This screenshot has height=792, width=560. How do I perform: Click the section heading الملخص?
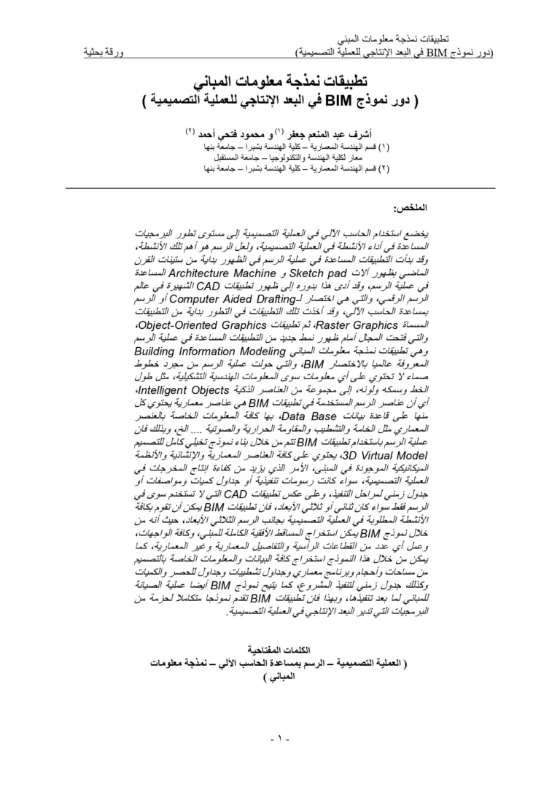(411, 208)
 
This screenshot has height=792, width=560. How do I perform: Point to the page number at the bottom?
(280, 739)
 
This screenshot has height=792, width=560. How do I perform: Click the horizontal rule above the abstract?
(280, 187)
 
